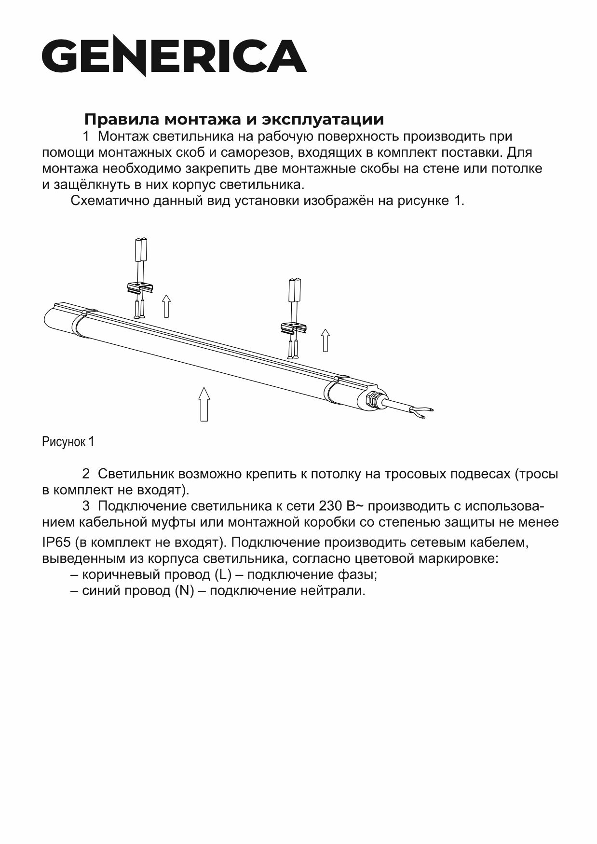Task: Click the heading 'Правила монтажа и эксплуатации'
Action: (234, 120)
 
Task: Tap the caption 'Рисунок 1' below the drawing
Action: (68, 442)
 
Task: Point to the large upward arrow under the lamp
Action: (204, 404)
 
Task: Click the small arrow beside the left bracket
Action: (166, 306)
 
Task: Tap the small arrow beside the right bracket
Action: (326, 340)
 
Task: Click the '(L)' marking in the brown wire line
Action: (223, 575)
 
